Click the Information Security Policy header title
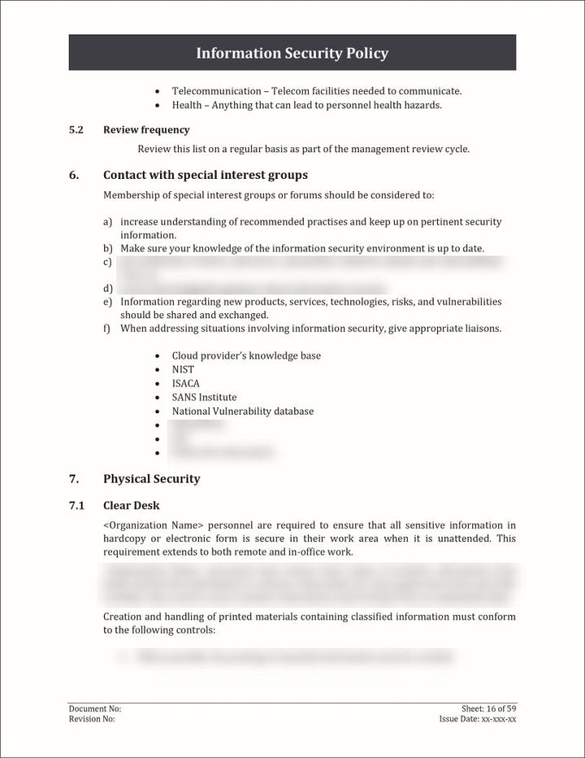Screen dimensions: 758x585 [x=292, y=54]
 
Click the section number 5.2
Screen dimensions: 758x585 [x=76, y=130]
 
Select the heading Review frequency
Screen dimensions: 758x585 [x=146, y=130]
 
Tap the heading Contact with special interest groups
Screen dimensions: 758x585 [x=205, y=175]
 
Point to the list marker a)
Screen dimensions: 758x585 [x=107, y=222]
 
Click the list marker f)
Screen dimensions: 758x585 [x=107, y=329]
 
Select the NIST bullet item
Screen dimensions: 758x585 [x=183, y=369]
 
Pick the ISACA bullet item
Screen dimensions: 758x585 [x=185, y=383]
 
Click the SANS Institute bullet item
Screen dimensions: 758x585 [x=204, y=397]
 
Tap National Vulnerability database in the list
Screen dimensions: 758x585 [x=242, y=412]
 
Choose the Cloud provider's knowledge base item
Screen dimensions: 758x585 [x=246, y=355]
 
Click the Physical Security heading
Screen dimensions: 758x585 [x=151, y=478]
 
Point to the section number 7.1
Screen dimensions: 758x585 [x=76, y=506]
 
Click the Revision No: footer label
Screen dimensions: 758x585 [x=92, y=719]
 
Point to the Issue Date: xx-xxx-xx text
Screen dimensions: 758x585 [x=477, y=719]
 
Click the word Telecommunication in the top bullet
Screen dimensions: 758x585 [x=216, y=91]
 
